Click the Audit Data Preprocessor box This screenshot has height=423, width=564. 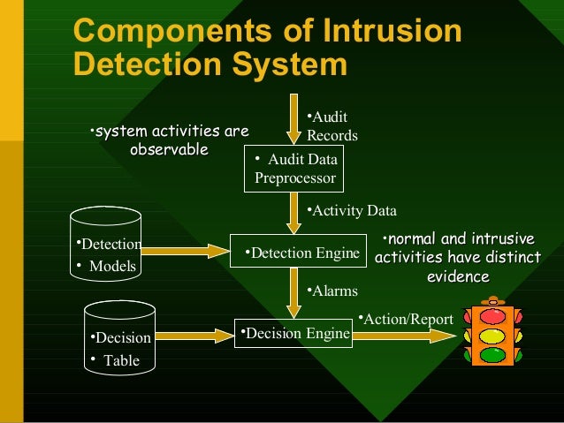coord(294,168)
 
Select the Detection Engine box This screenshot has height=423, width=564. coord(298,253)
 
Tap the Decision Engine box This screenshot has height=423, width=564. coord(294,334)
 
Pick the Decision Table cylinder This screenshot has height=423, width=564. coord(119,339)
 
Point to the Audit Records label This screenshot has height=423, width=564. coord(331,127)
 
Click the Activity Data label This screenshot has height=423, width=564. coord(352,211)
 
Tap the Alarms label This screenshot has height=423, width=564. coord(332,291)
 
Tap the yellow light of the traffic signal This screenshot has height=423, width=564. coord(492,336)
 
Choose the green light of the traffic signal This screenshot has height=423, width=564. coord(492,356)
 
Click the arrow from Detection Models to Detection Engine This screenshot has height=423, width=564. coord(185,251)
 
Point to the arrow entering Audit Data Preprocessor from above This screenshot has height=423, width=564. coord(294,123)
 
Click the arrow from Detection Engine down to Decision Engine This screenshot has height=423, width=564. coord(294,292)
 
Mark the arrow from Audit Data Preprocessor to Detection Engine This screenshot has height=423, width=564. coord(294,212)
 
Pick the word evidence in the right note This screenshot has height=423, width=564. coord(458,276)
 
